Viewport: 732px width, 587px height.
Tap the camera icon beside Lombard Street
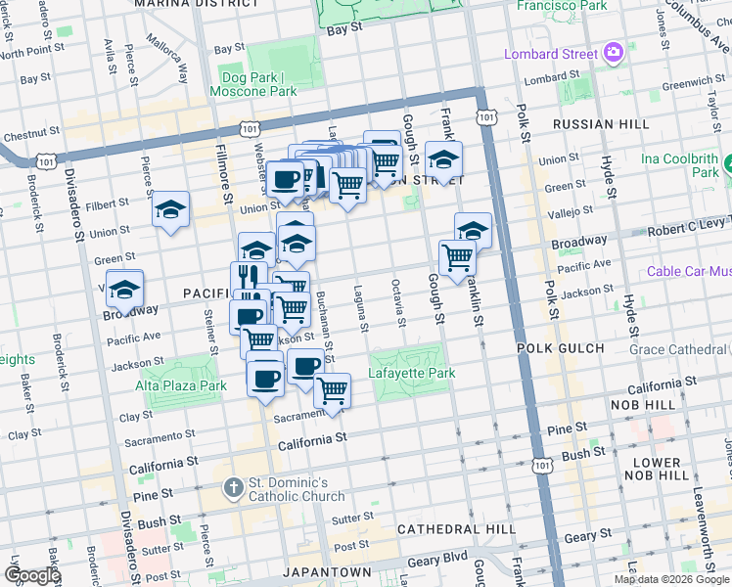(x=614, y=51)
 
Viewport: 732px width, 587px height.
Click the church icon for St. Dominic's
(x=232, y=485)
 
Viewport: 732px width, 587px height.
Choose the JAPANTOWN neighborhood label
(x=327, y=571)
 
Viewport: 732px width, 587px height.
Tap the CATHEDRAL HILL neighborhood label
(x=456, y=529)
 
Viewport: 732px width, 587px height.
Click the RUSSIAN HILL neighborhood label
(x=600, y=124)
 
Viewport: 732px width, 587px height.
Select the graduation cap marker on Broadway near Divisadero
(x=125, y=290)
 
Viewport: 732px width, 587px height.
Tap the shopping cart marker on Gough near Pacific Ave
(x=457, y=258)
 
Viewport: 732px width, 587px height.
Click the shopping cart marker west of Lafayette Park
(x=333, y=390)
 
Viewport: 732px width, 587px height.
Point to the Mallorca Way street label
(x=167, y=60)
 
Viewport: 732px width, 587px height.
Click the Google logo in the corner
(x=32, y=575)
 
